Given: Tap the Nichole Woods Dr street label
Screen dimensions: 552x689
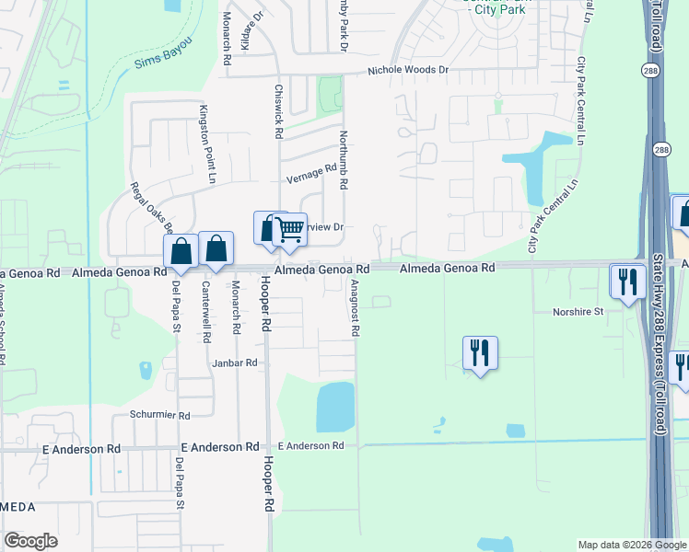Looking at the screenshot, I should coord(407,70).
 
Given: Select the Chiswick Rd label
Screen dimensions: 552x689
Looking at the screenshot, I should coord(278,112).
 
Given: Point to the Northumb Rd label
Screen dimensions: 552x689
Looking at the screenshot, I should coord(343,159).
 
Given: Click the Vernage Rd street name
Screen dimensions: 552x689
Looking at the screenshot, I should coord(311,173).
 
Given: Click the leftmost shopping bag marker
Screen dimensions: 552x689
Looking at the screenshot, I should coord(181,250).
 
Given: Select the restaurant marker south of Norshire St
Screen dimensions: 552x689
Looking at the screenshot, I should coord(480,352).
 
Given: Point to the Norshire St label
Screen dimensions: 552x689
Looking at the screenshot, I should coord(578,312).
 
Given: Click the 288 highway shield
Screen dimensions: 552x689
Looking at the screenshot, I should coord(661,150).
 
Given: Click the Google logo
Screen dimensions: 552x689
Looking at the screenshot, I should coord(31,542).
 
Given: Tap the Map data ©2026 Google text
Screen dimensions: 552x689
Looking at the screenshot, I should coord(631,545).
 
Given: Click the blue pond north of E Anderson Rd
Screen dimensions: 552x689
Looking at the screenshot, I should coord(335,406).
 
